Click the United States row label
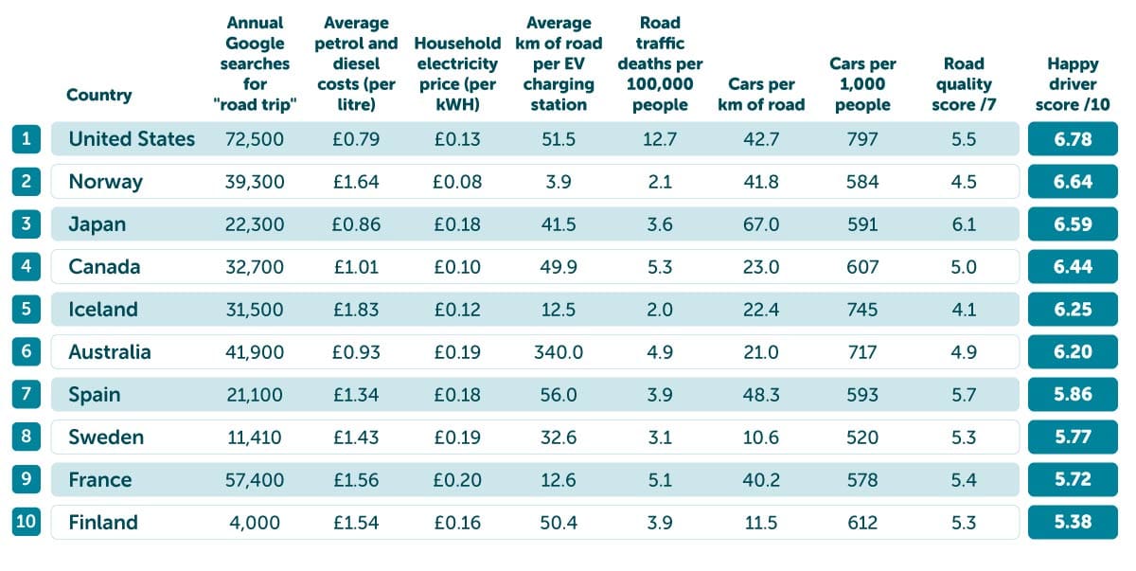(132, 139)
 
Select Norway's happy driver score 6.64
(1073, 182)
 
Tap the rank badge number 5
(27, 310)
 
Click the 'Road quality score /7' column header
(964, 84)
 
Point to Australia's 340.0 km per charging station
(559, 352)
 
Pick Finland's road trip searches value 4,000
(255, 523)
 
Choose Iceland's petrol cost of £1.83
(356, 310)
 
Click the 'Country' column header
(99, 95)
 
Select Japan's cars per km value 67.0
(761, 224)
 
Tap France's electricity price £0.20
(457, 480)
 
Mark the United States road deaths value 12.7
(660, 139)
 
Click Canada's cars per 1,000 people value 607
(862, 267)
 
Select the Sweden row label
(106, 437)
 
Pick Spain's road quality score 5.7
(964, 395)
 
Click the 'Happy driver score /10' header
(1073, 84)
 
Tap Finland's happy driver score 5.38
(1073, 523)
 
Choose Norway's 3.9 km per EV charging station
(559, 182)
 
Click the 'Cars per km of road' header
(766, 95)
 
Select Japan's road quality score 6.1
(964, 224)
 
